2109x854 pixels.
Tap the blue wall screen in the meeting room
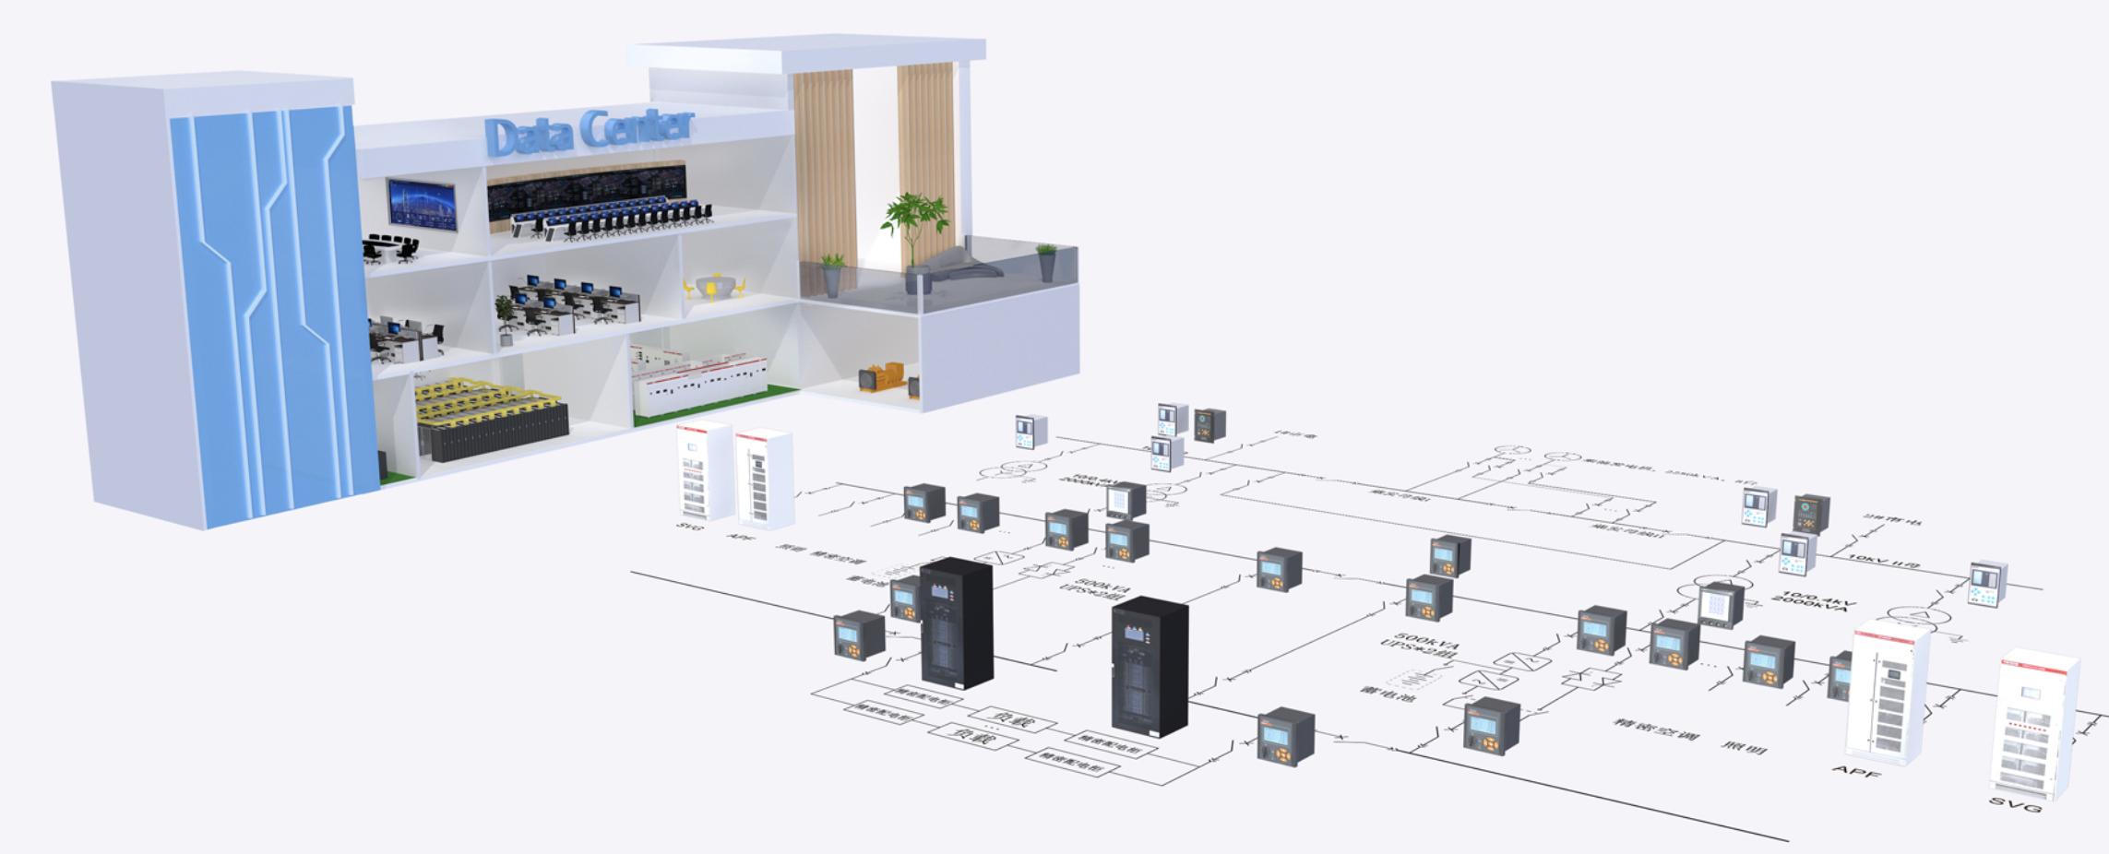(422, 204)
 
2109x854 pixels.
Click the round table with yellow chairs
(712, 287)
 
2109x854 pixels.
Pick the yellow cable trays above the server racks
(484, 400)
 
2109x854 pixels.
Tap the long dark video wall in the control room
(586, 188)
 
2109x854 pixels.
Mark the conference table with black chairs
(391, 245)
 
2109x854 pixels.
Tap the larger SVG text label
(2015, 805)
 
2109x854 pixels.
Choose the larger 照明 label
(1743, 748)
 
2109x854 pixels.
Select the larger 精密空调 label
(1655, 729)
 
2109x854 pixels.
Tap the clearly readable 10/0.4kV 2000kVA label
(1814, 601)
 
